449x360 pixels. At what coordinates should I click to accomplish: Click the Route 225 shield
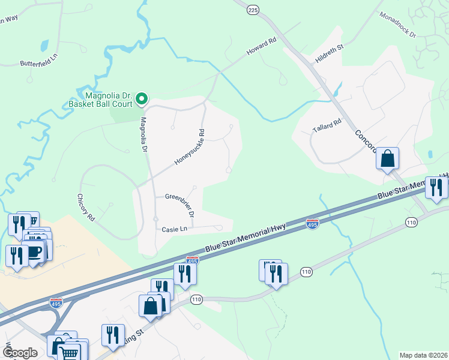[253, 10]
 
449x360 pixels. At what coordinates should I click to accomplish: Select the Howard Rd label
[262, 48]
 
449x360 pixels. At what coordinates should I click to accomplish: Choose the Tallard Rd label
[327, 125]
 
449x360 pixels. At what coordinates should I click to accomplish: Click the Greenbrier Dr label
[180, 203]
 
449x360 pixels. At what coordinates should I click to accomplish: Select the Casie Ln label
[175, 229]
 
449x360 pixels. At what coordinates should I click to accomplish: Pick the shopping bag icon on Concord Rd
[388, 160]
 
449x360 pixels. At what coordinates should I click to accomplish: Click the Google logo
[20, 353]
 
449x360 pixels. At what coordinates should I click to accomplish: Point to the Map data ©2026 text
[423, 355]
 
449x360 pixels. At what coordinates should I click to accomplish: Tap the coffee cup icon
[35, 252]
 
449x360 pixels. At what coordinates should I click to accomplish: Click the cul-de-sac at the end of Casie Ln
[220, 228]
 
